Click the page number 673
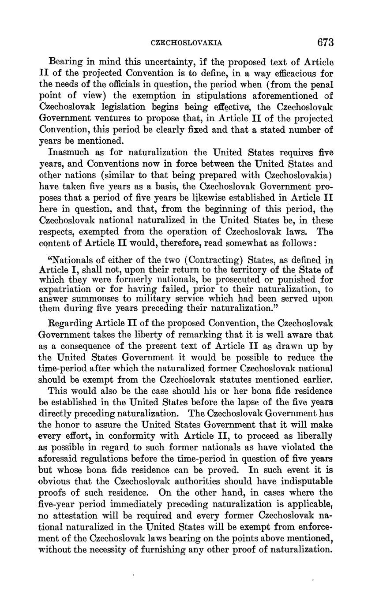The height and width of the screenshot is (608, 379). coord(325,42)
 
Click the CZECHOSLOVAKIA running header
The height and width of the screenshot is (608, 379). coord(187,43)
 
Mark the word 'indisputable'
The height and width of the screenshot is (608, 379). coord(308,481)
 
